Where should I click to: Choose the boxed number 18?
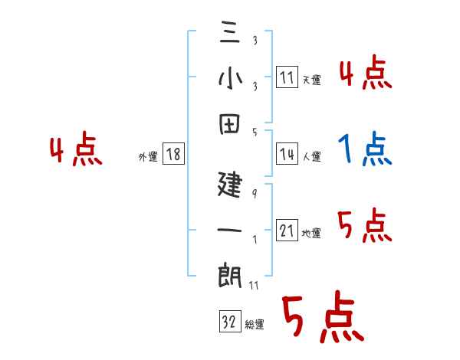tap(173, 154)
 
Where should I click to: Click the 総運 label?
tap(255, 324)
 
